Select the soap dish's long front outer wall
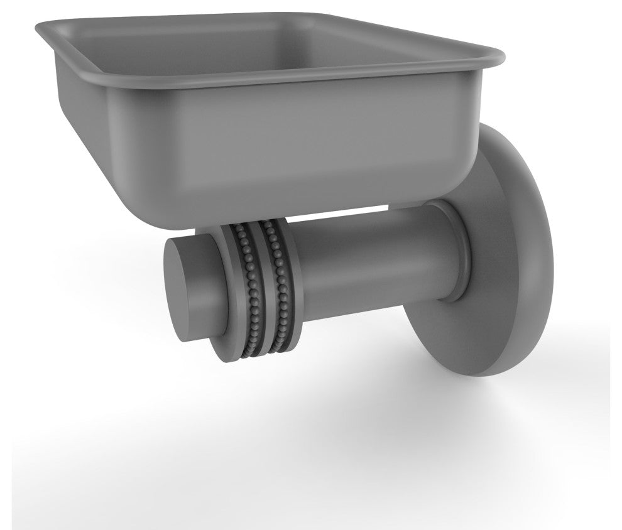point(314,144)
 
